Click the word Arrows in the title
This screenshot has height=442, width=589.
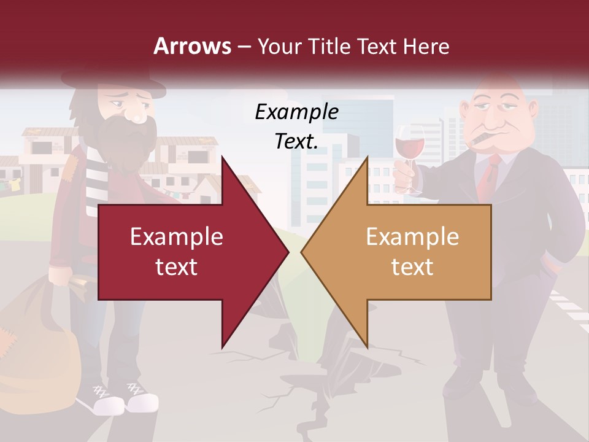click(x=192, y=46)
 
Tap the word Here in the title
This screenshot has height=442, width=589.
click(x=426, y=46)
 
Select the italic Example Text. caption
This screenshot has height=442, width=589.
click(x=296, y=126)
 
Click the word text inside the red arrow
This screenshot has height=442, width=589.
click(x=176, y=267)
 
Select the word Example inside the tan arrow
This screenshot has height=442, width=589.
click(x=412, y=237)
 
